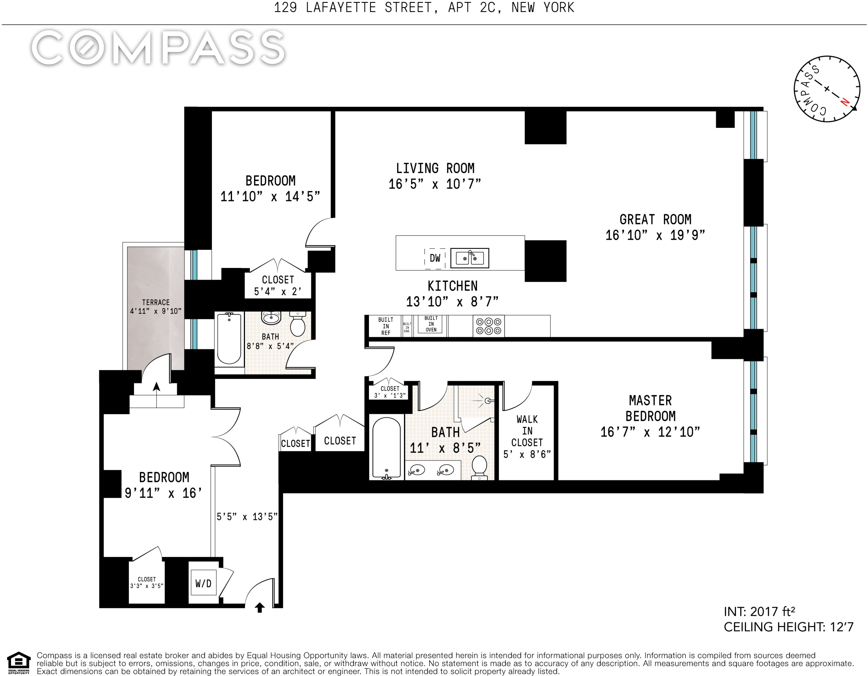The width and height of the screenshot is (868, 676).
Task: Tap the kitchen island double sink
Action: (470, 258)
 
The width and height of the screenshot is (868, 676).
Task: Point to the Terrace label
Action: (156, 303)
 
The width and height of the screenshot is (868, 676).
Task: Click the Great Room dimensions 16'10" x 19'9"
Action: (655, 235)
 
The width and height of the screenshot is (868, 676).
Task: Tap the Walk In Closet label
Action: (527, 431)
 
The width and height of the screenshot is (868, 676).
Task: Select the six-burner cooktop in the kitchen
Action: (488, 326)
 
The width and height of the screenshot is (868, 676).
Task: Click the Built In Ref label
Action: (385, 326)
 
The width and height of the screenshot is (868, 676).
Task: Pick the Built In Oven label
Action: (431, 324)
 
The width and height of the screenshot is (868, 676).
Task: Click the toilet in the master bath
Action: (479, 467)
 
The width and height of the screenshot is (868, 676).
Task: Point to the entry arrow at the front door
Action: (260, 608)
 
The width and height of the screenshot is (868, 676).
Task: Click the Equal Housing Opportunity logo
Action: (19, 663)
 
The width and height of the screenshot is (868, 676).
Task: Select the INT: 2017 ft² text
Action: (760, 612)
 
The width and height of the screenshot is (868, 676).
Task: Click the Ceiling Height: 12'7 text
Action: (788, 627)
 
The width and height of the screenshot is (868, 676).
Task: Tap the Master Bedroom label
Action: (650, 408)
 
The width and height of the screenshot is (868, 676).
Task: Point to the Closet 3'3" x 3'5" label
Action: (147, 582)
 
